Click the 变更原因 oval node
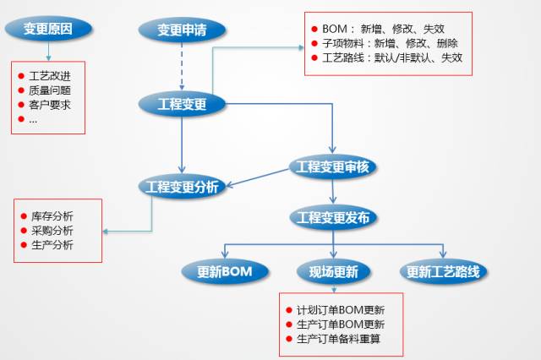47,30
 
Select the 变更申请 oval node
182,30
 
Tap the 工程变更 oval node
182,104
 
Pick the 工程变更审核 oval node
332,166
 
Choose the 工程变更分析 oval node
182,187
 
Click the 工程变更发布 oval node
332,217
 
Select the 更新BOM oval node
225,271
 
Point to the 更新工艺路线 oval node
442,271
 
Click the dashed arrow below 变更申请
182,67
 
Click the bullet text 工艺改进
50,76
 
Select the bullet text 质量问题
50,90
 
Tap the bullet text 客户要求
50,105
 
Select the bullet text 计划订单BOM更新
341,309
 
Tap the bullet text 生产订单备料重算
341,340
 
